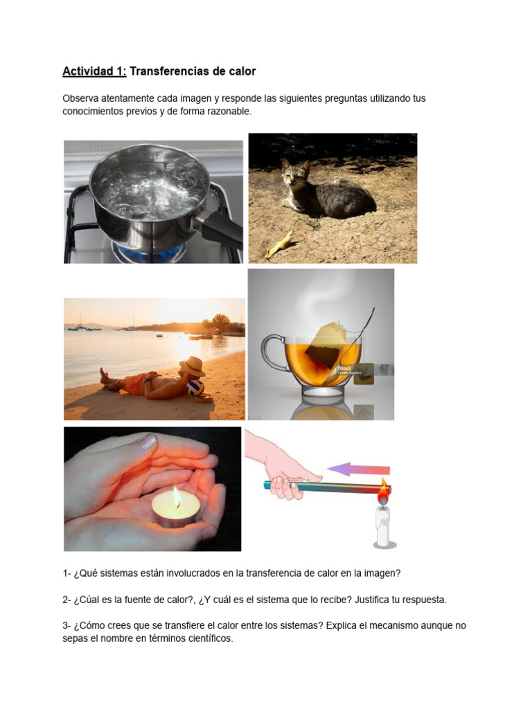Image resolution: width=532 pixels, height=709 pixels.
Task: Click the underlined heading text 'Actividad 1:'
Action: pyautogui.click(x=94, y=71)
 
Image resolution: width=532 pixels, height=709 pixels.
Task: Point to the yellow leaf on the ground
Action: pyautogui.click(x=277, y=244)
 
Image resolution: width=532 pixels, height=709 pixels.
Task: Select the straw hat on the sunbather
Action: pyautogui.click(x=193, y=366)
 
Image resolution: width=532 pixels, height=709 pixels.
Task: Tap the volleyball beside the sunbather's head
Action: pyautogui.click(x=195, y=388)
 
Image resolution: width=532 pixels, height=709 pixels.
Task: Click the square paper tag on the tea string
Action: pyautogui.click(x=364, y=373)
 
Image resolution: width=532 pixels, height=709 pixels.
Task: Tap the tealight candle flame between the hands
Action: pyautogui.click(x=177, y=496)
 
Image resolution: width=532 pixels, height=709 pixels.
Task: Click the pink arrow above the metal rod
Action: pyautogui.click(x=358, y=469)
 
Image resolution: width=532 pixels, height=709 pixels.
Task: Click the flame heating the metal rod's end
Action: pyautogui.click(x=384, y=491)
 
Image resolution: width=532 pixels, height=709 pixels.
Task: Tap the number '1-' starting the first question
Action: pyautogui.click(x=66, y=573)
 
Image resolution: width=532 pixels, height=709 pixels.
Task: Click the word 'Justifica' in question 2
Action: pyautogui.click(x=373, y=600)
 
